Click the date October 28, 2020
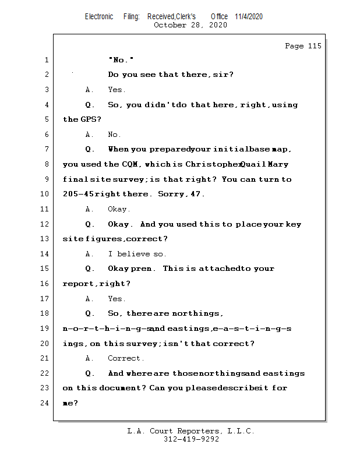[x=190, y=25]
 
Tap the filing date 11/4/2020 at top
[x=249, y=16]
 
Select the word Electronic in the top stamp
[x=99, y=16]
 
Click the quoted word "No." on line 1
[x=121, y=60]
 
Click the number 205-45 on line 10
[x=78, y=194]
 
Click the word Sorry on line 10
[x=171, y=194]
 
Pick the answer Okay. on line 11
[x=119, y=209]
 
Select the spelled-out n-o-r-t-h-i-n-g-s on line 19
[x=107, y=329]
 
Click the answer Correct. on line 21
[x=126, y=358]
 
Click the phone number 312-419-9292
[x=190, y=439]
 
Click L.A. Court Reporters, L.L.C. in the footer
[x=190, y=431]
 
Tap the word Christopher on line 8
[x=214, y=164]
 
